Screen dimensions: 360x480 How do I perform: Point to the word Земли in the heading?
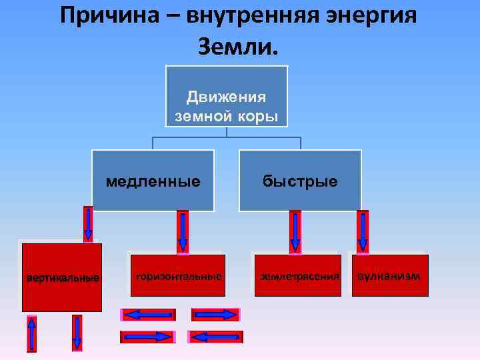pos(235,46)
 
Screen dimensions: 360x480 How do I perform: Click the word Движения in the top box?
pos(226,97)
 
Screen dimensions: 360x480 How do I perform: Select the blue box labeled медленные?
pos(153,181)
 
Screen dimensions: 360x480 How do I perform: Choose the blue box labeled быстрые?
pos(300,181)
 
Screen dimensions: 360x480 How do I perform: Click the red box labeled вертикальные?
pos(62,277)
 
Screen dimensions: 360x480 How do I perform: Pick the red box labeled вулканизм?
pos(389,275)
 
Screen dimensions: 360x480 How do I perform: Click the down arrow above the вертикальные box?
pos(88,223)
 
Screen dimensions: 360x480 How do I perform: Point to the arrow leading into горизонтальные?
pos(182,232)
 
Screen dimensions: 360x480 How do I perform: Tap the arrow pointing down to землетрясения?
pos(295,232)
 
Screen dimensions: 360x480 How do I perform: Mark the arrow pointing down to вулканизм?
pos(363,232)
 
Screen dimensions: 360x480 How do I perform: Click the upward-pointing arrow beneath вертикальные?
pos(31,333)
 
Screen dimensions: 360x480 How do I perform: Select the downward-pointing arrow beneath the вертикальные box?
pos(77,333)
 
